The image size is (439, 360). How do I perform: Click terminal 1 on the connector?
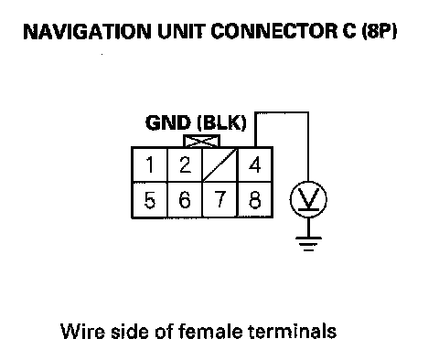tap(149, 164)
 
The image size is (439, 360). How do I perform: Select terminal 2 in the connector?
tap(185, 164)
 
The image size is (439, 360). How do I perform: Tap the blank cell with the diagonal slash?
tap(219, 164)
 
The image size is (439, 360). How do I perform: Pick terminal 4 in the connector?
tap(255, 164)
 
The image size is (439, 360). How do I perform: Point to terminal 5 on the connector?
tap(149, 200)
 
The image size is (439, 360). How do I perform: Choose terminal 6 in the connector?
tap(185, 200)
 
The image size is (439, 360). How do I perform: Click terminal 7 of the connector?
tap(219, 200)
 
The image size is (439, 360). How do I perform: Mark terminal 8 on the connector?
tap(255, 200)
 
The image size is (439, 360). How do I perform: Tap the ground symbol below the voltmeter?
tap(308, 244)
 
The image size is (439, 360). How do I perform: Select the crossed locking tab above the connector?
tap(201, 141)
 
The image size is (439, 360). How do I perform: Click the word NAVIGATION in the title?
tap(87, 31)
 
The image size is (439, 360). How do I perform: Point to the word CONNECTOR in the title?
tap(274, 31)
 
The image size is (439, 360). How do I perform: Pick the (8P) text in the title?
tap(380, 31)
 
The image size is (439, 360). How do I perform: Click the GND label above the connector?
tap(168, 123)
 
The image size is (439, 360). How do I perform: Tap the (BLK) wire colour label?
tap(221, 123)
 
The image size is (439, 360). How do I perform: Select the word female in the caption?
tap(210, 331)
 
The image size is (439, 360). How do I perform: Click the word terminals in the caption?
tap(293, 331)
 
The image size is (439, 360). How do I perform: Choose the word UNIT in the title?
tap(181, 31)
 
